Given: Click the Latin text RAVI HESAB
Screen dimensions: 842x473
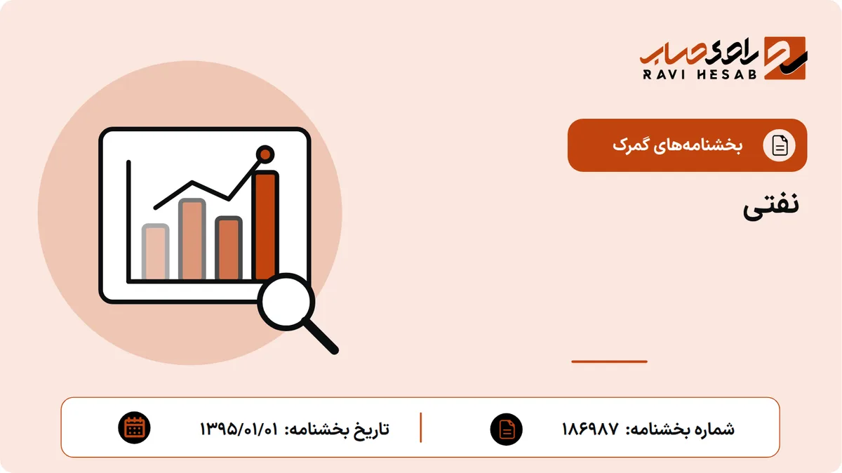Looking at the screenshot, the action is (700, 74).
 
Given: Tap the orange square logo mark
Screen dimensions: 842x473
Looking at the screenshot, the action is (786, 58).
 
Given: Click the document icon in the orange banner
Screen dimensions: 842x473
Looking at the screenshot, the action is (780, 145).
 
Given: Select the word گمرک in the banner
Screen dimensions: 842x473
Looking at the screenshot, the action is (629, 145).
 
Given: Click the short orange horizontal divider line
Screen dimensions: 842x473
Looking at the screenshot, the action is (609, 361).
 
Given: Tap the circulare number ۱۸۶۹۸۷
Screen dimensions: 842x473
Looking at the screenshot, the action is (590, 429).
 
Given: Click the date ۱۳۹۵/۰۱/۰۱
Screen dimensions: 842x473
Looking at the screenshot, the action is (239, 429).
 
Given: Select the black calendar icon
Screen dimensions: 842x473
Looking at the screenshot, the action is (134, 428).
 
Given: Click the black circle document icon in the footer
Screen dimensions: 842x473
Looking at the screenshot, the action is (507, 429).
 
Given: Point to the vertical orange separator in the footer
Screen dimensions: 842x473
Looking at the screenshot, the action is (420, 427).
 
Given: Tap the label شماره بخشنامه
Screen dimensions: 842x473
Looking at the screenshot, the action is (680, 429).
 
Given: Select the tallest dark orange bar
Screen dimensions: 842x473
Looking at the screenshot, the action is (265, 225).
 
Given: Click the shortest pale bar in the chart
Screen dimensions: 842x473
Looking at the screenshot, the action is (155, 252).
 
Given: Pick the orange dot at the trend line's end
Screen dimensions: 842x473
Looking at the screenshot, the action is (265, 154).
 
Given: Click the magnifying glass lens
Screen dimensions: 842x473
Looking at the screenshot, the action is (286, 302).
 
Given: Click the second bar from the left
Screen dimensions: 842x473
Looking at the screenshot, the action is (192, 239).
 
